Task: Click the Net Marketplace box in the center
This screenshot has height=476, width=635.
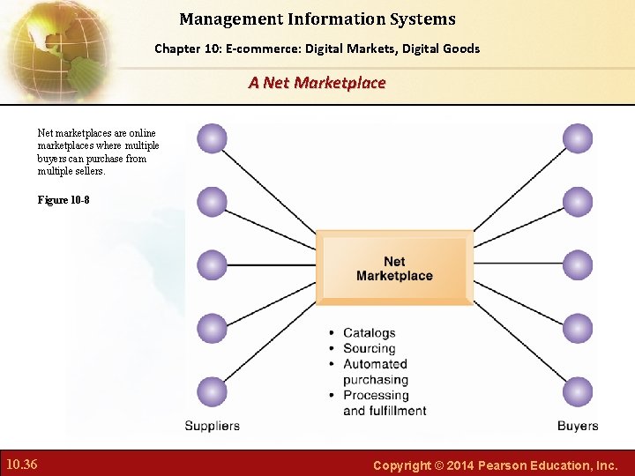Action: pyautogui.click(x=394, y=268)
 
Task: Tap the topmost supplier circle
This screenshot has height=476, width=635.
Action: pyautogui.click(x=212, y=138)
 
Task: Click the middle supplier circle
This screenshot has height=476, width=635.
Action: pyautogui.click(x=212, y=264)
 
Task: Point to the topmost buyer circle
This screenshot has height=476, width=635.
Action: pyautogui.click(x=577, y=138)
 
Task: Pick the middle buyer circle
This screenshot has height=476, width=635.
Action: pyautogui.click(x=577, y=264)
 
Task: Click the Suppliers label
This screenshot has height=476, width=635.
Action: pyautogui.click(x=212, y=426)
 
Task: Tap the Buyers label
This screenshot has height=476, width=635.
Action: pyautogui.click(x=578, y=426)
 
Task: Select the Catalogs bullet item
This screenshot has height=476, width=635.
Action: pyautogui.click(x=369, y=333)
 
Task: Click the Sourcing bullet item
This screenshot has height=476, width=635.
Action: pyautogui.click(x=369, y=348)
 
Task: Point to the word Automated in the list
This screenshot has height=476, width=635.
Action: pyautogui.click(x=375, y=364)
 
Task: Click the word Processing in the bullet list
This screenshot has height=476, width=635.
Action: pyautogui.click(x=376, y=395)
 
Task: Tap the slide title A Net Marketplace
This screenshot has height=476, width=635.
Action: pyautogui.click(x=317, y=83)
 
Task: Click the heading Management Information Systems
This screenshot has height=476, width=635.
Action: pyautogui.click(x=317, y=19)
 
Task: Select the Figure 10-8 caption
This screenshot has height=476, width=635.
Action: pyautogui.click(x=63, y=200)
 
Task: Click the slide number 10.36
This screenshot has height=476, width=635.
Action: pyautogui.click(x=21, y=464)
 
